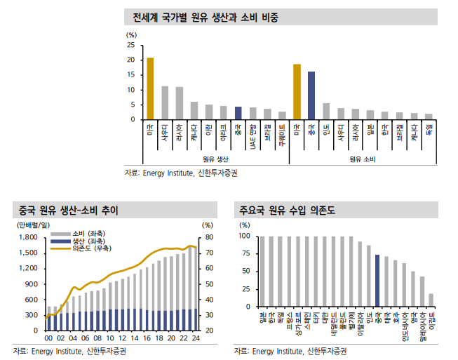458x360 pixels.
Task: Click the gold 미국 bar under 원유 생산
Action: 150,89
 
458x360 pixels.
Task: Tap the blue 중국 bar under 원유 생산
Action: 238,114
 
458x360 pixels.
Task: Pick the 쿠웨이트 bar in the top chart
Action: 282,116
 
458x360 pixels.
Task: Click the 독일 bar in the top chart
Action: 429,116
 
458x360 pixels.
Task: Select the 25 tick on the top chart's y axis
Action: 131,45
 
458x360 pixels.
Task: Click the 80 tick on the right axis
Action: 208,236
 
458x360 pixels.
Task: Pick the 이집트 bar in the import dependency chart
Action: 431,300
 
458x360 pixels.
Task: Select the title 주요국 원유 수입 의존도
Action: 287,210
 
